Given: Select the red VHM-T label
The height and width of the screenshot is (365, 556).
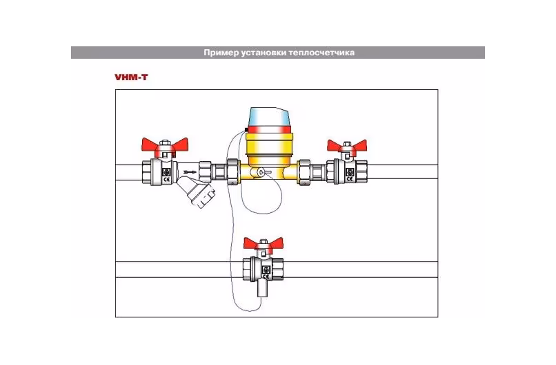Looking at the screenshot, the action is click(x=131, y=77).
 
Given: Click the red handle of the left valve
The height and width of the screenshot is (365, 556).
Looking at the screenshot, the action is click(x=165, y=146).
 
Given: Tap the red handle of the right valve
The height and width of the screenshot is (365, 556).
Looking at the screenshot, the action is click(x=346, y=146).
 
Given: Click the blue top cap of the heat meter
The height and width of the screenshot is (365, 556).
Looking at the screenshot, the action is click(x=270, y=117).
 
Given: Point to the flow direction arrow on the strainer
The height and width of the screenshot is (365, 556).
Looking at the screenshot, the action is click(x=190, y=173).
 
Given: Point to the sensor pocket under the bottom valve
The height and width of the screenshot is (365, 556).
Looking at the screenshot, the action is click(x=262, y=288).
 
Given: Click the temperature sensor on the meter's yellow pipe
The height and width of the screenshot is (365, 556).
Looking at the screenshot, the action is click(x=263, y=172).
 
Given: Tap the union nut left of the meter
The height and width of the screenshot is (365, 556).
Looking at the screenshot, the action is click(x=233, y=171).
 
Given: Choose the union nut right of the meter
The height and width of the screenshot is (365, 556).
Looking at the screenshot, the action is click(x=304, y=171).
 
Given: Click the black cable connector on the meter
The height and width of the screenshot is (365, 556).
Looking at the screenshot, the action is click(x=246, y=130).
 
